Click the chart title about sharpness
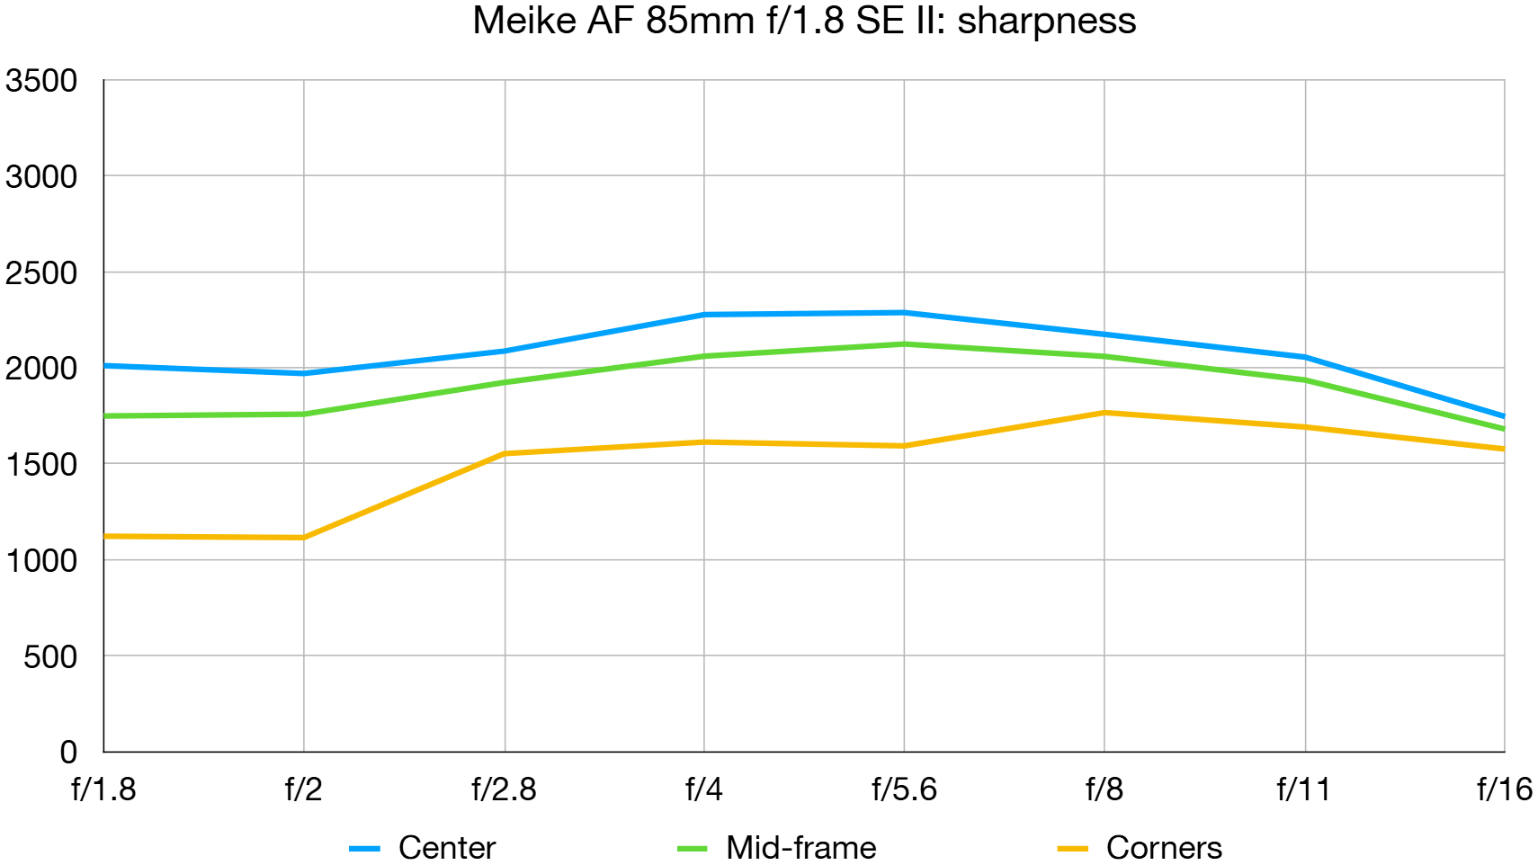pyautogui.click(x=803, y=21)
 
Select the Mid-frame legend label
pyautogui.click(x=800, y=847)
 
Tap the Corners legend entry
pyautogui.click(x=1163, y=847)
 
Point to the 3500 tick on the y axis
pyautogui.click(x=41, y=81)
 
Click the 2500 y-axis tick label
pyautogui.click(x=41, y=272)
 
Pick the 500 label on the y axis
pyautogui.click(x=50, y=656)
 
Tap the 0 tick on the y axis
pyautogui.click(x=68, y=752)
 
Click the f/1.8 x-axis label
pyautogui.click(x=103, y=789)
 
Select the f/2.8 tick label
pyautogui.click(x=504, y=789)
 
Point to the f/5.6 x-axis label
pyautogui.click(x=904, y=789)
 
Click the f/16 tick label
pyautogui.click(x=1504, y=789)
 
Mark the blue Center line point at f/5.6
pyautogui.click(x=904, y=313)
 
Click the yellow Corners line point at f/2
pyautogui.click(x=304, y=538)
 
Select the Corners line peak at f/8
pyautogui.click(x=1104, y=413)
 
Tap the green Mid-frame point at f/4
pyautogui.click(x=704, y=356)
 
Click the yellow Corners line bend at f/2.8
pyautogui.click(x=505, y=453)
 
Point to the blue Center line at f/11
pyautogui.click(x=1304, y=357)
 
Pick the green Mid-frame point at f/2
pyautogui.click(x=304, y=414)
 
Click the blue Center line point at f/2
pyautogui.click(x=304, y=373)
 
